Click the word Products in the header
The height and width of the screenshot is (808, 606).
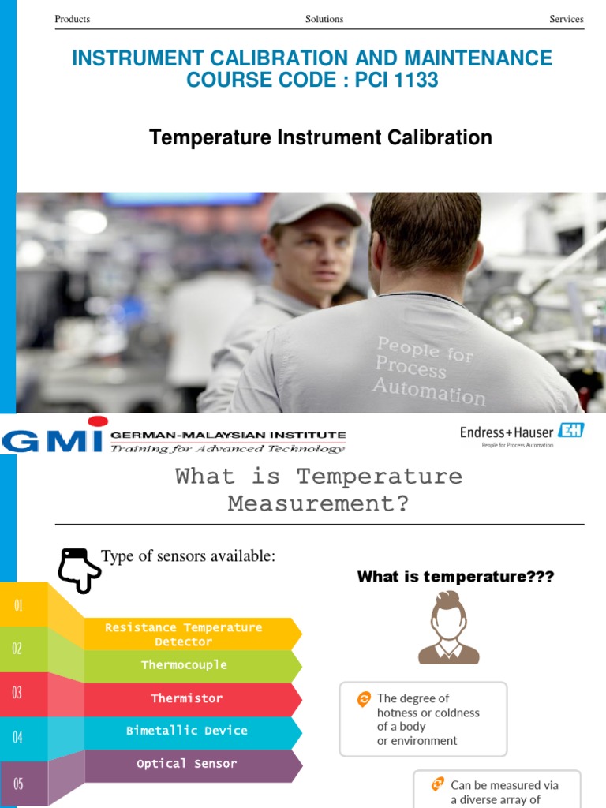72,19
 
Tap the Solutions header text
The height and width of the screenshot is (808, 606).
324,19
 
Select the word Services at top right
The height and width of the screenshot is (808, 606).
567,19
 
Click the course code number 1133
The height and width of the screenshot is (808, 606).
417,80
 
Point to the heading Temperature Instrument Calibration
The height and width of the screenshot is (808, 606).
320,137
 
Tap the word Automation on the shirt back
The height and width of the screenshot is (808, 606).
429,391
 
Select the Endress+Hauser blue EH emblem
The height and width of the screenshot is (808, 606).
571,430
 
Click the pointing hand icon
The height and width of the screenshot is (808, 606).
78,570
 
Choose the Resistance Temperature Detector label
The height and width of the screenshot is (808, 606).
183,634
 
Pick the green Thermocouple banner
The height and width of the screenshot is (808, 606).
192,665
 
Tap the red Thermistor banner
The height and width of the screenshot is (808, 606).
192,699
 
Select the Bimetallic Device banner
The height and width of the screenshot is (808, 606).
192,731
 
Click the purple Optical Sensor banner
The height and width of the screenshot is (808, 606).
192,764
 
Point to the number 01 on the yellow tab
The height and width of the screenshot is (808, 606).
19,605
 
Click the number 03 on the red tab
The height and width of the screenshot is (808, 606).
17,693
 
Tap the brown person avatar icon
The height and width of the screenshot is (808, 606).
449,627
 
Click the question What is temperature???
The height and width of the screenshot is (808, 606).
455,577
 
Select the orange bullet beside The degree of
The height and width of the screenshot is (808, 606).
364,699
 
